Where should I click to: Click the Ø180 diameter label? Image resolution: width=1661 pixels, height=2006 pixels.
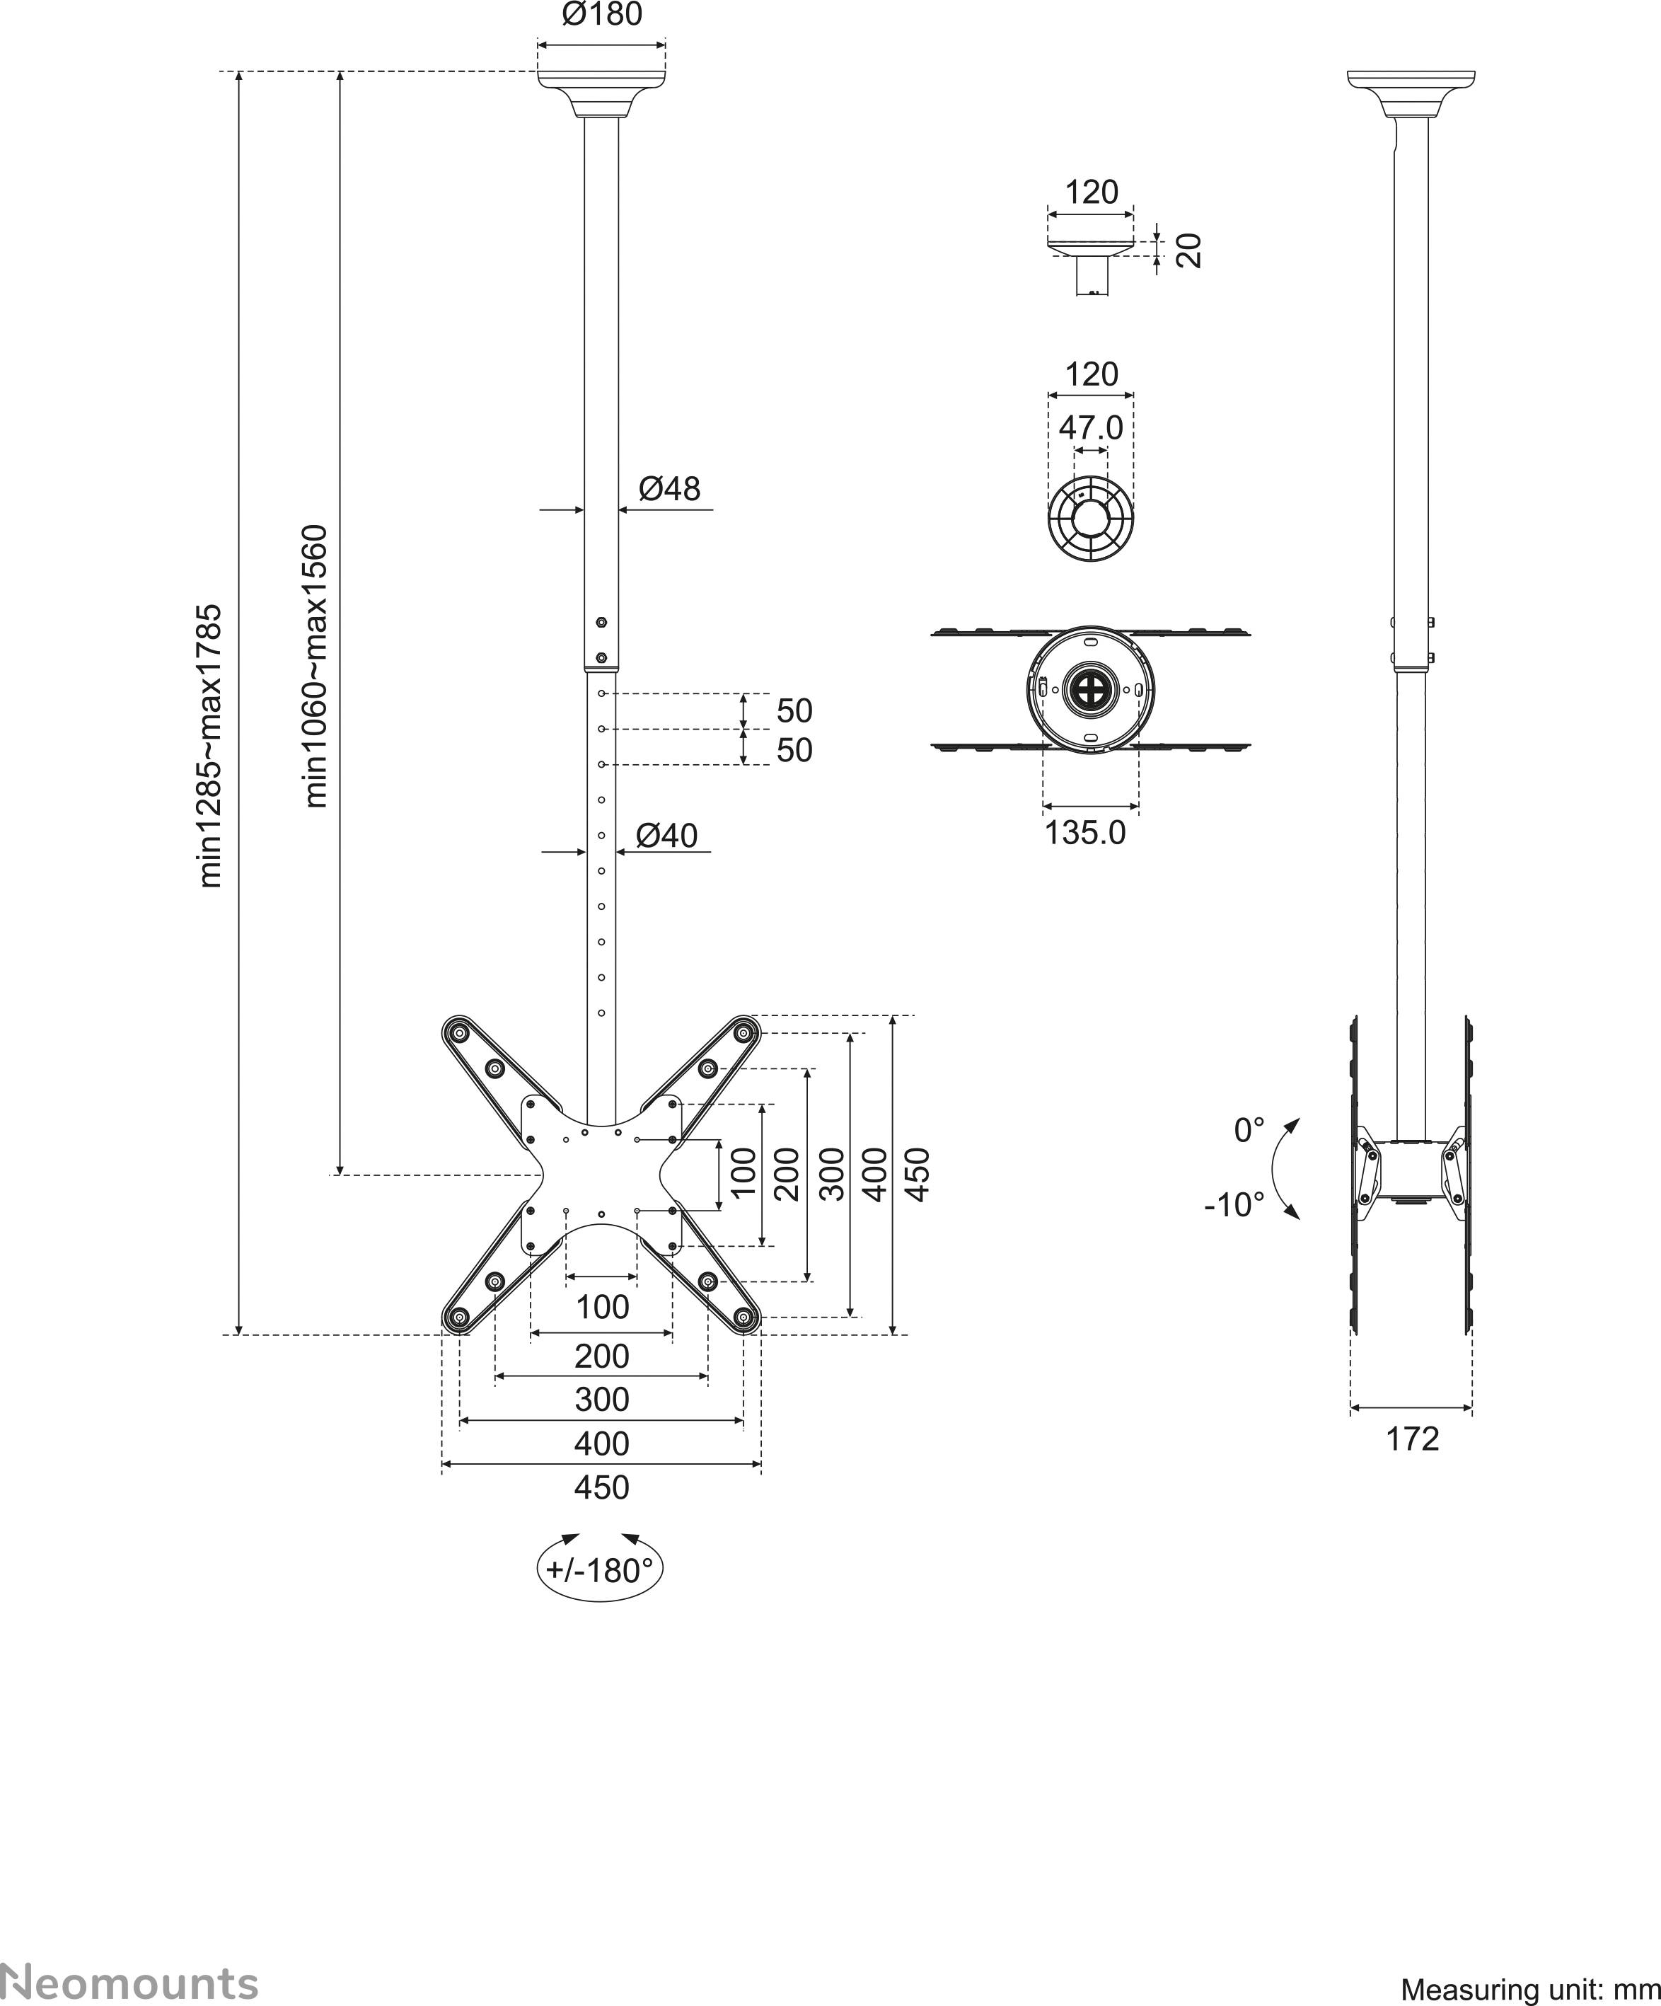point(602,14)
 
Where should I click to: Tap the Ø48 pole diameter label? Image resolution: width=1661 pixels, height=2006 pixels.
point(669,488)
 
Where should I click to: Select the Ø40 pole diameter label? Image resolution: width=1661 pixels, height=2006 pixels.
point(666,835)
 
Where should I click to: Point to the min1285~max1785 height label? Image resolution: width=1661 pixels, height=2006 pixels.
point(209,746)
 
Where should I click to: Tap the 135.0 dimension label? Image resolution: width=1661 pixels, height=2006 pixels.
point(1085,833)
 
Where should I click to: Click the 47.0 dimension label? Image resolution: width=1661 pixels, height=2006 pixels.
point(1091,427)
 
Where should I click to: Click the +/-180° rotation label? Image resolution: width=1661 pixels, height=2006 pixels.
point(600,1570)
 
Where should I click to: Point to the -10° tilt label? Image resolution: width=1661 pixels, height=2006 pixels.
point(1234,1204)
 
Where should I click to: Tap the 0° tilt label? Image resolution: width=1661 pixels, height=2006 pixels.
point(1249,1131)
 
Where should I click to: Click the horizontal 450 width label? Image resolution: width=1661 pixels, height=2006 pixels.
point(602,1487)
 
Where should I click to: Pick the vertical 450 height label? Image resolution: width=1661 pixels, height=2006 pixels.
point(916,1174)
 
